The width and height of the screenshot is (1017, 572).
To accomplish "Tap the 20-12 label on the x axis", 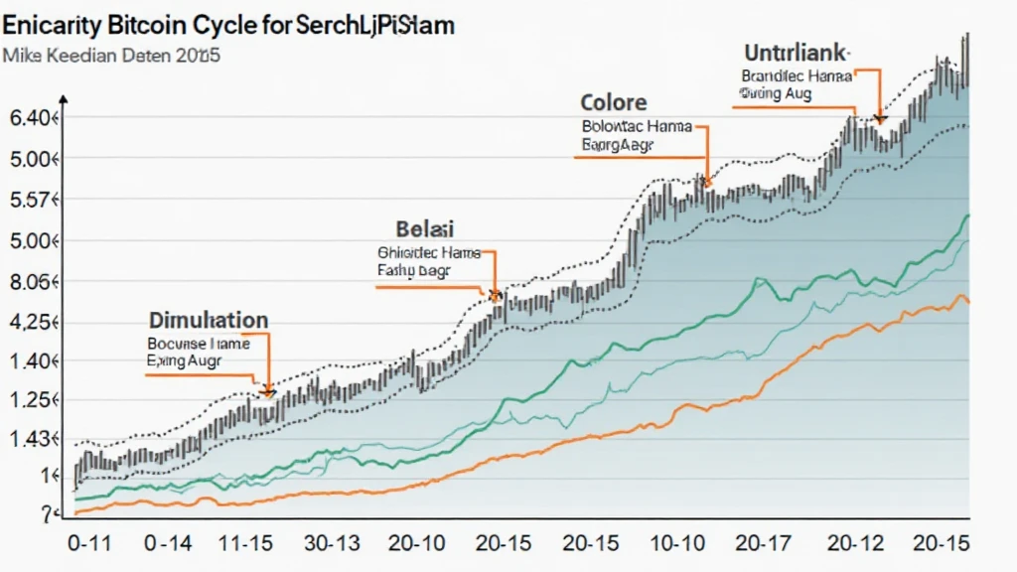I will pos(854,545).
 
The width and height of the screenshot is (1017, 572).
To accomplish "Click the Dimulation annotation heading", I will pos(208,321).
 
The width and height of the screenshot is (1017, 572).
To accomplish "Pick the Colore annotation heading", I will pos(613,102).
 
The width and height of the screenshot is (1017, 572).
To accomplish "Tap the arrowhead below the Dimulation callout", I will pos(267,390).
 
